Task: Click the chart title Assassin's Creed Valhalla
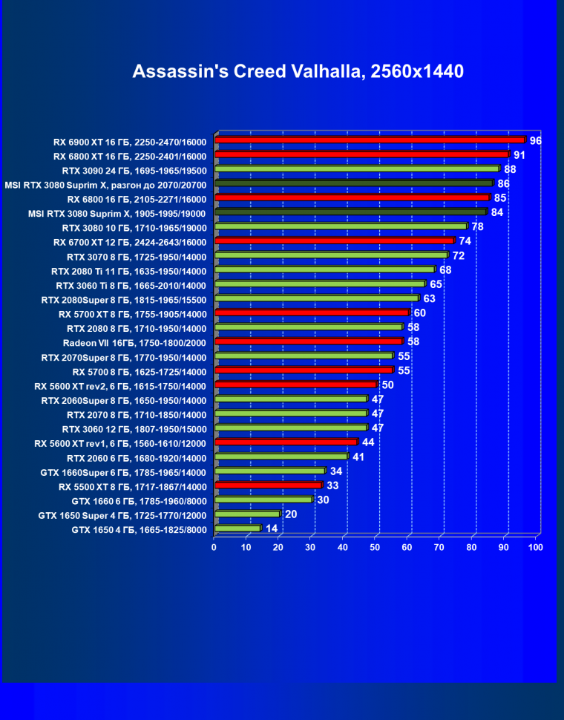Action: (x=298, y=71)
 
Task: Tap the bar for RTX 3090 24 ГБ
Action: (x=356, y=168)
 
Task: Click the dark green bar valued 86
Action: (x=353, y=183)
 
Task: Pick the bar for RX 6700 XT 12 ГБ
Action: (x=334, y=240)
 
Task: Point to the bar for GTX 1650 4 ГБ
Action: (x=237, y=528)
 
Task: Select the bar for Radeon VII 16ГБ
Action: (x=308, y=341)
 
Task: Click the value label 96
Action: (x=535, y=140)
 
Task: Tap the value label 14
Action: (x=272, y=528)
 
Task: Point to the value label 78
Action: (x=477, y=226)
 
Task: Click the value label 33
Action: (x=332, y=485)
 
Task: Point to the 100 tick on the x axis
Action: (x=535, y=547)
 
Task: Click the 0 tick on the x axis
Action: (x=214, y=547)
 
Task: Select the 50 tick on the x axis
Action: (x=375, y=547)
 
